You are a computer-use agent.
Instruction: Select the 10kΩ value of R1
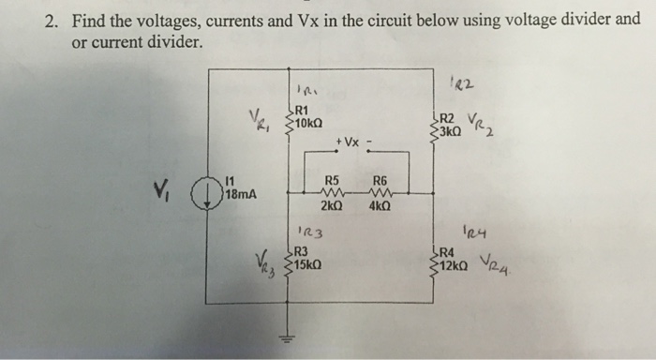tap(308, 123)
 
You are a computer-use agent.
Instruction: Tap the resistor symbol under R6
tap(380, 194)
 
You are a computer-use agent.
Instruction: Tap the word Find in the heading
tap(88, 18)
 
